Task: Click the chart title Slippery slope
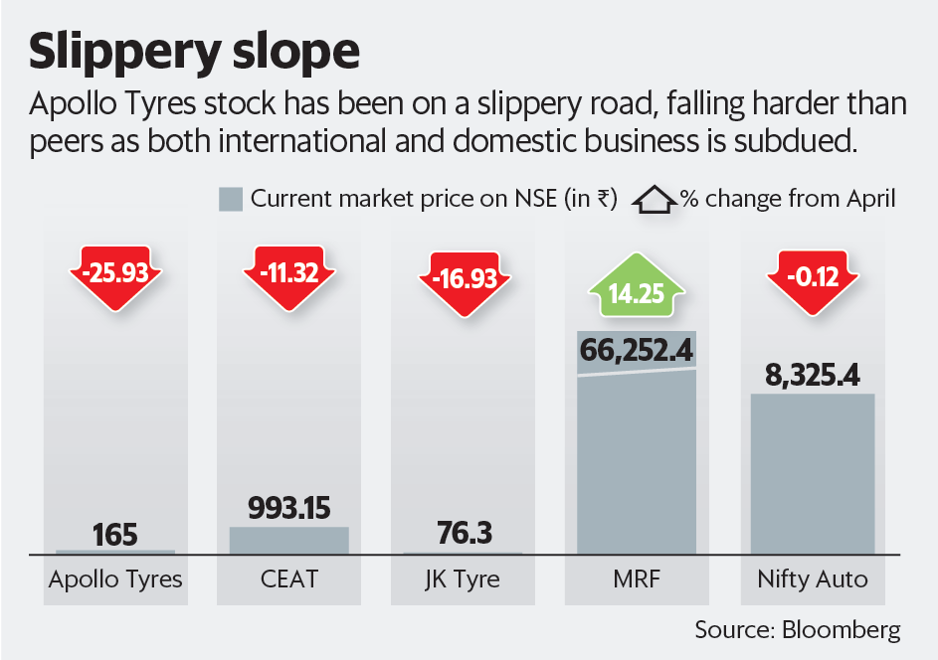click(194, 52)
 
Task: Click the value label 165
click(115, 535)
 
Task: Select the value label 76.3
click(464, 535)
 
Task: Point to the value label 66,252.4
click(638, 351)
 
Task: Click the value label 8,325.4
click(812, 376)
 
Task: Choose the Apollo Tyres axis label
click(115, 579)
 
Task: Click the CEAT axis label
click(289, 579)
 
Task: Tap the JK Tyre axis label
click(464, 579)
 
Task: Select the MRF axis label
click(638, 579)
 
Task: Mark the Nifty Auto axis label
click(812, 579)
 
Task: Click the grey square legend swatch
click(230, 199)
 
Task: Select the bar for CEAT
click(289, 541)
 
